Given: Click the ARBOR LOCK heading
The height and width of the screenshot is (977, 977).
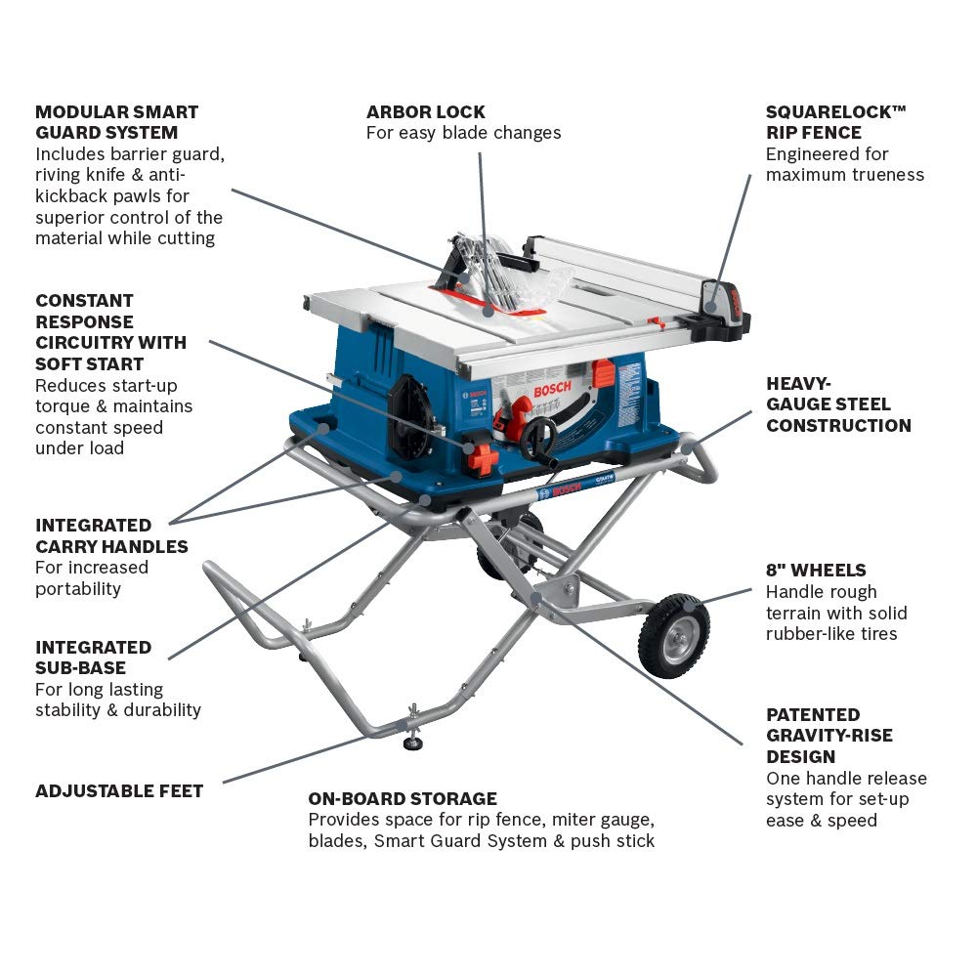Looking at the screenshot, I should pyautogui.click(x=425, y=111).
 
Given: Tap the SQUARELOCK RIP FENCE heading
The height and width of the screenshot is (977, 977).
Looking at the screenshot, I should pyautogui.click(x=835, y=122).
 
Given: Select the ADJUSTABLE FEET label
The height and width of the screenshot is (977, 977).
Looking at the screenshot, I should pyautogui.click(x=119, y=790).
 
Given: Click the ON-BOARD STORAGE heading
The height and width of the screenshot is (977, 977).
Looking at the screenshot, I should pyautogui.click(x=403, y=798).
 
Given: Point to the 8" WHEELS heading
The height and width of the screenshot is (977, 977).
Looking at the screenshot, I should pyautogui.click(x=816, y=570).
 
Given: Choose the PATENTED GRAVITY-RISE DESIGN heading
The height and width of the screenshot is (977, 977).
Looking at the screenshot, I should pyautogui.click(x=828, y=735).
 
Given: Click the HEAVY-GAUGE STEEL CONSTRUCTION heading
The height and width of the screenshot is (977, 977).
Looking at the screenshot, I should pyautogui.click(x=838, y=404).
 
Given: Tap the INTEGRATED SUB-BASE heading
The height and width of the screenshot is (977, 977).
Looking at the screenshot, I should pyautogui.click(x=93, y=658).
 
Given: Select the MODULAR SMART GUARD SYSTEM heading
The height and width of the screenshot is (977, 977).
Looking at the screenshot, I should pyautogui.click(x=116, y=122).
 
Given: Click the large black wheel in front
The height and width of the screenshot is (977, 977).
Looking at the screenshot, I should pyautogui.click(x=673, y=635).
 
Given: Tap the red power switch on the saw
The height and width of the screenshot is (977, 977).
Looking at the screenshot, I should pyautogui.click(x=482, y=457).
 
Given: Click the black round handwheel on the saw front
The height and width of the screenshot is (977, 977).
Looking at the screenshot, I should pyautogui.click(x=537, y=440).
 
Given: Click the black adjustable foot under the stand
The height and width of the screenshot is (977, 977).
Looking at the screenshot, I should pyautogui.click(x=413, y=743).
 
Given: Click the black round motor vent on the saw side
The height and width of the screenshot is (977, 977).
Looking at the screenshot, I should pyautogui.click(x=409, y=420).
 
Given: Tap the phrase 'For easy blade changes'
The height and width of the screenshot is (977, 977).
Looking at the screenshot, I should pyautogui.click(x=463, y=133).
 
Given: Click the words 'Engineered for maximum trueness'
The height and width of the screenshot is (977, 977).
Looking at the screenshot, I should pyautogui.click(x=844, y=164).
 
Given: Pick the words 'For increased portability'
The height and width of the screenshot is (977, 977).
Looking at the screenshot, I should pyautogui.click(x=92, y=577).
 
